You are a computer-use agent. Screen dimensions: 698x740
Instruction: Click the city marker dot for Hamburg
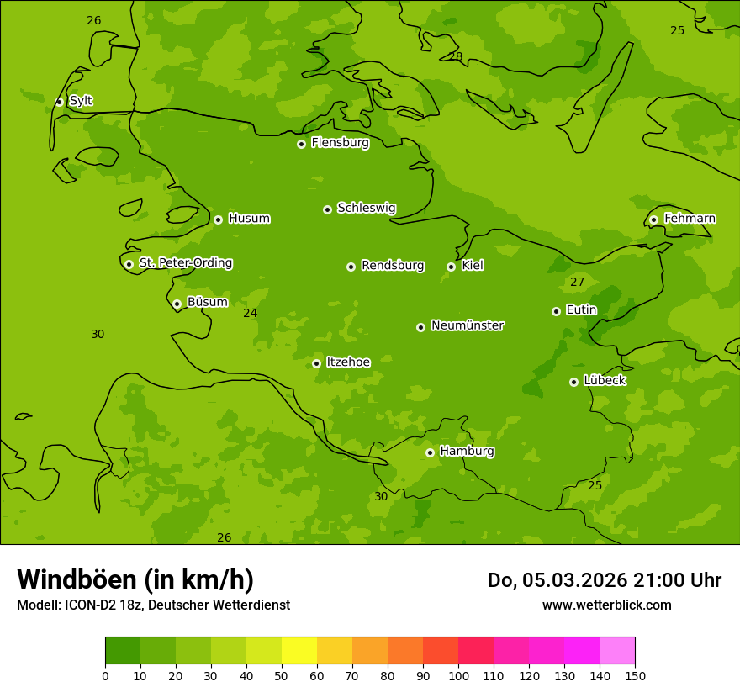point(430,452)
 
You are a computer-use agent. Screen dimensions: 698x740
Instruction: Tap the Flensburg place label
point(340,143)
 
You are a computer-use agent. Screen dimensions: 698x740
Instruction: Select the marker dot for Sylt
point(59,102)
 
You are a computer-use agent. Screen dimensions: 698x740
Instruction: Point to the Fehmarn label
point(690,219)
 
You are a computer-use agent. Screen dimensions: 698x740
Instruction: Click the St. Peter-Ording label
point(185,263)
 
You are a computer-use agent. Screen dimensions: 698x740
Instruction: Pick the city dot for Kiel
point(451,267)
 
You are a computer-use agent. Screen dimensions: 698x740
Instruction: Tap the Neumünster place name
point(467,325)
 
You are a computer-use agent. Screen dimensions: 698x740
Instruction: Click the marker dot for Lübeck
point(573,382)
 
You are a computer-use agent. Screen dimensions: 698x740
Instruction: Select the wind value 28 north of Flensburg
point(455,56)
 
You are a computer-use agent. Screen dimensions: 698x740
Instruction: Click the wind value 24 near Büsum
point(250,313)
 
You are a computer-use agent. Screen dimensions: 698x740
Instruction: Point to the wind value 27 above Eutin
point(577,282)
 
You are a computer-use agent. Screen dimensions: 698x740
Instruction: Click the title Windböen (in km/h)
point(135,579)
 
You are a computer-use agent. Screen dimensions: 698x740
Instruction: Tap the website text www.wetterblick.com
point(606,605)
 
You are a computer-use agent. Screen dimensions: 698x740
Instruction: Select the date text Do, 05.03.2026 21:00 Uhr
point(604,580)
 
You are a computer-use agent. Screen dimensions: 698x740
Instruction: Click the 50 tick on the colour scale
point(282,675)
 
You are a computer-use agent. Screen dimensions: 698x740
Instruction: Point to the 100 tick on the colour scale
point(458,675)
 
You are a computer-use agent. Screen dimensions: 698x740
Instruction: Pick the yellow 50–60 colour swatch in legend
point(299,651)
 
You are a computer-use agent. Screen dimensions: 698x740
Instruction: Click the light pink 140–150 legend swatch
point(617,651)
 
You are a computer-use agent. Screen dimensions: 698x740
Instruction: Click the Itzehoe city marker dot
point(316,363)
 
